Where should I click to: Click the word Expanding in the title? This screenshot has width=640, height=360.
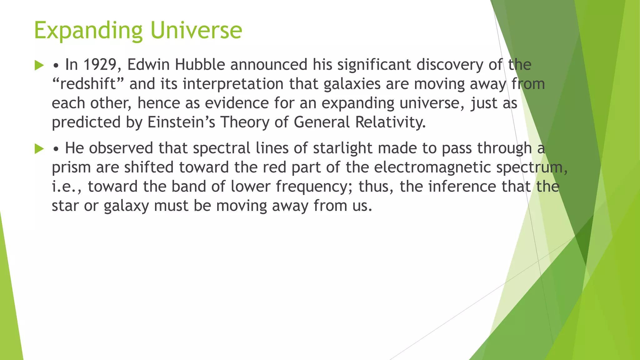coord(88,31)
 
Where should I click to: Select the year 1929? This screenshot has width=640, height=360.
coord(100,65)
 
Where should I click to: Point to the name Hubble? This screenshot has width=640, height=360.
coord(200,65)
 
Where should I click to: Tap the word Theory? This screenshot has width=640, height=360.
coord(245,122)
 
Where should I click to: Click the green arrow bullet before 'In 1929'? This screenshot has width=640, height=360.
coord(39,65)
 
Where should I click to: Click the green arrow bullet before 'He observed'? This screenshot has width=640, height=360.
coord(39,149)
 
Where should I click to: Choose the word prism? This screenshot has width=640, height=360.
coord(71,167)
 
